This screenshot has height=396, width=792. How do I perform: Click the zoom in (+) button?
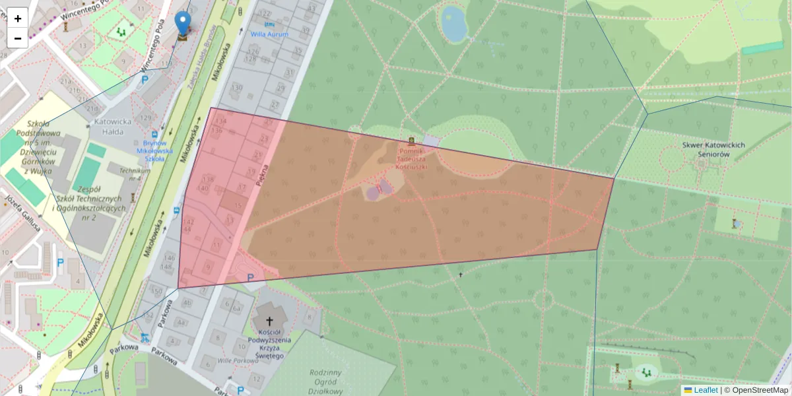pos(18,18)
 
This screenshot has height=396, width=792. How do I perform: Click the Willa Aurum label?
pos(269,34)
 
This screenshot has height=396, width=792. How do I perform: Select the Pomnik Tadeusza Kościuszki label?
pos(412,158)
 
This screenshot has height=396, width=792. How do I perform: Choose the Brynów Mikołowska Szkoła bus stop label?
pos(154,150)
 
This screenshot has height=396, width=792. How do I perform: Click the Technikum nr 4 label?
pos(130,174)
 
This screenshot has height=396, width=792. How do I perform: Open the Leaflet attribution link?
pos(705,390)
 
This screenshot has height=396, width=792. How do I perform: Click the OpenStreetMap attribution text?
pos(760,390)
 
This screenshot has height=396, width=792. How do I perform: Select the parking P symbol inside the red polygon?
pos(250,278)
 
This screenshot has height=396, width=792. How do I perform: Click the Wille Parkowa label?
pos(237,361)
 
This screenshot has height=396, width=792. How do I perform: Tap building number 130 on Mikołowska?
pos(236,88)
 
